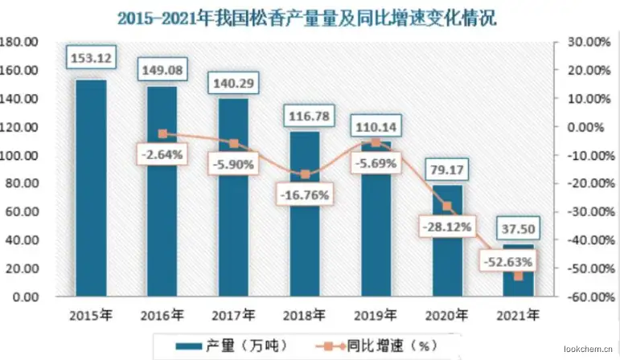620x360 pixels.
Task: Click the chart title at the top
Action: [307, 18]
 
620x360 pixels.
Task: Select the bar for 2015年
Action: [92, 188]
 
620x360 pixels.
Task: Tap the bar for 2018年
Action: [305, 214]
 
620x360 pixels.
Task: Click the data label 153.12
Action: [92, 58]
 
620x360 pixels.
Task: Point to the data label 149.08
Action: [162, 70]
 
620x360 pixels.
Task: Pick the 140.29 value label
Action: [234, 83]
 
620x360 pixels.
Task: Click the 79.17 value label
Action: [447, 170]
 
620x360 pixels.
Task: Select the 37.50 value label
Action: [518, 228]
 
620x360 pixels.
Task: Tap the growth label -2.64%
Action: [162, 154]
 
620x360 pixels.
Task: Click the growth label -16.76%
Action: [305, 194]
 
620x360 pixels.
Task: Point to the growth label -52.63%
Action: [508, 262]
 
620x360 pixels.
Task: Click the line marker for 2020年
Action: [447, 206]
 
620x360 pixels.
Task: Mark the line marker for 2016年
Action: [162, 133]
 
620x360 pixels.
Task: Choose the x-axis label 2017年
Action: [233, 315]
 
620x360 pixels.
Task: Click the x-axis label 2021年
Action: [518, 315]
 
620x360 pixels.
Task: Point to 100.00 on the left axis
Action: [19, 155]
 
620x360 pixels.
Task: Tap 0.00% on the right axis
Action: [586, 127]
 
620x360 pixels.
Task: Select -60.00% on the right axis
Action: [592, 297]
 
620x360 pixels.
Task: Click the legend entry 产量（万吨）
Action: [232, 346]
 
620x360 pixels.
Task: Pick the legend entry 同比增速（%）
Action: [377, 346]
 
